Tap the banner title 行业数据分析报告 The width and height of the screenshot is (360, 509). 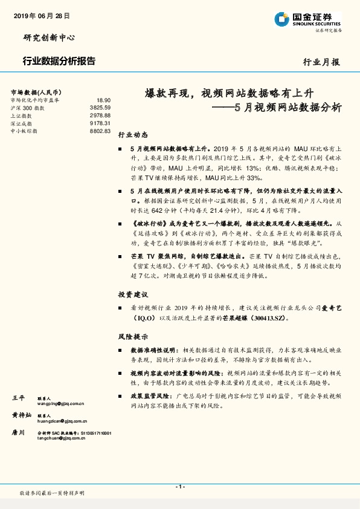click(x=59, y=61)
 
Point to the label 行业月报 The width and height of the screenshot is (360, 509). click(x=321, y=62)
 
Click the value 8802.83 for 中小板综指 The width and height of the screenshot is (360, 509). click(x=100, y=131)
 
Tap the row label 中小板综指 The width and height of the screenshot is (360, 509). click(x=24, y=131)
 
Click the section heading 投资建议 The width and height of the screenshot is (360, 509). click(x=132, y=294)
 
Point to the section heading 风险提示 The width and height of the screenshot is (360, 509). click(x=132, y=336)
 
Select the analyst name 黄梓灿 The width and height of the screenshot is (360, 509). click(x=22, y=416)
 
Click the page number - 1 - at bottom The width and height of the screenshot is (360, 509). click(x=179, y=487)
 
